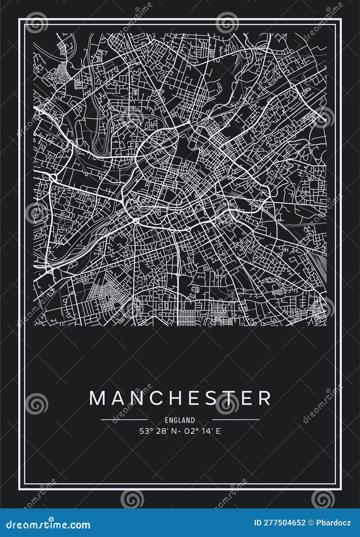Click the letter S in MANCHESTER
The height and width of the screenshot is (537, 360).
pyautogui.click(x=209, y=398)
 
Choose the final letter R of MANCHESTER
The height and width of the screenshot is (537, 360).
pyautogui.click(x=264, y=398)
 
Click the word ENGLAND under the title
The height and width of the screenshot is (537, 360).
pyautogui.click(x=180, y=420)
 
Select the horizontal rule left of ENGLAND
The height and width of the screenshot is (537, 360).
pyautogui.click(x=124, y=419)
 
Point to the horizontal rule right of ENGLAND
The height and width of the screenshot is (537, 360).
pyautogui.click(x=236, y=419)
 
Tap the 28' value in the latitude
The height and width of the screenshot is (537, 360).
pyautogui.click(x=161, y=431)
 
